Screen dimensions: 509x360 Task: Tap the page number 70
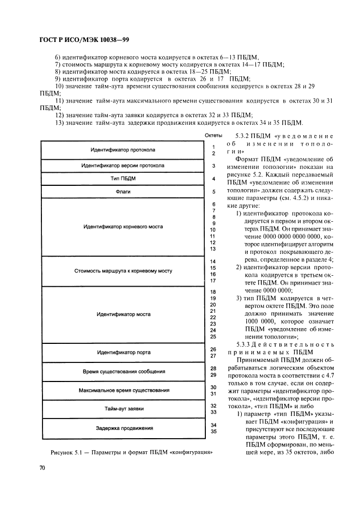(x=42, y=468)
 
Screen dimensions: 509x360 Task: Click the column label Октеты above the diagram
(x=213, y=135)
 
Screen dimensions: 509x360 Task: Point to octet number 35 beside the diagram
(x=213, y=432)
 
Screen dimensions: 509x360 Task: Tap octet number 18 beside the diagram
(x=213, y=292)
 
